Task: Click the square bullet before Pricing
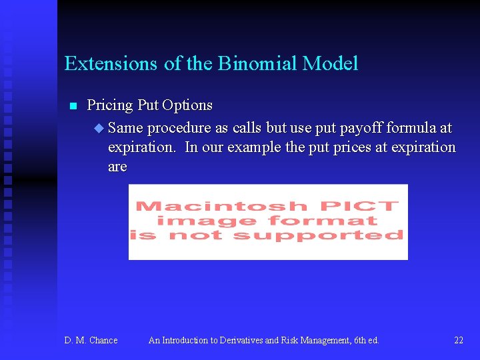73,106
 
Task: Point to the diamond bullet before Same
99,127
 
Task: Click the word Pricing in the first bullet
111,105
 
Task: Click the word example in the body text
254,147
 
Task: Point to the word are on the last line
117,167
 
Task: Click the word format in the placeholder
322,221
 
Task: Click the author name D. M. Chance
91,341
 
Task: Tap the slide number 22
459,341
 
